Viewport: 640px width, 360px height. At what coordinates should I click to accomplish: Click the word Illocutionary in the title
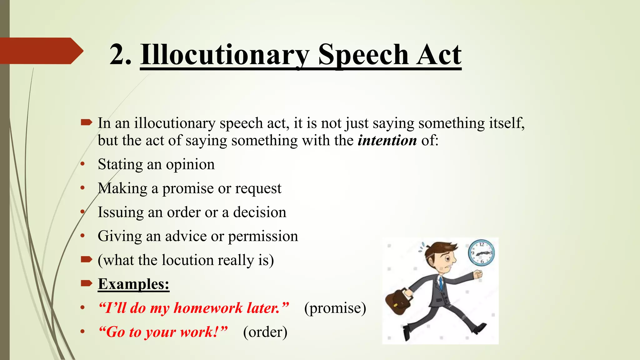pyautogui.click(x=224, y=55)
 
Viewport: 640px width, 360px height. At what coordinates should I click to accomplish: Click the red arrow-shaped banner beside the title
pyautogui.click(x=41, y=51)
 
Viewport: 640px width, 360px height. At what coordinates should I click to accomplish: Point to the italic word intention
pyautogui.click(x=387, y=140)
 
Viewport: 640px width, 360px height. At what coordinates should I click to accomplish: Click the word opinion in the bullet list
pyautogui.click(x=190, y=165)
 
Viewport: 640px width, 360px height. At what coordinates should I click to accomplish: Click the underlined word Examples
pyautogui.click(x=133, y=284)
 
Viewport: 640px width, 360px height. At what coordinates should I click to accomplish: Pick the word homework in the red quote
pyautogui.click(x=208, y=308)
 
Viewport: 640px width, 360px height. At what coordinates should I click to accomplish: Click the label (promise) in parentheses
pyautogui.click(x=335, y=308)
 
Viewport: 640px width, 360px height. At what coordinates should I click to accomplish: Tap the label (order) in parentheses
pyautogui.click(x=265, y=332)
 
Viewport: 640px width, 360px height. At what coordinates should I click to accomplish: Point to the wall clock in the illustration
pyautogui.click(x=481, y=252)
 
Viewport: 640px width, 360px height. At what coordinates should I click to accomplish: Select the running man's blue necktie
pyautogui.click(x=441, y=283)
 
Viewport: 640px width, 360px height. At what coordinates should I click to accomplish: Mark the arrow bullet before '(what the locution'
pyautogui.click(x=86, y=259)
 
